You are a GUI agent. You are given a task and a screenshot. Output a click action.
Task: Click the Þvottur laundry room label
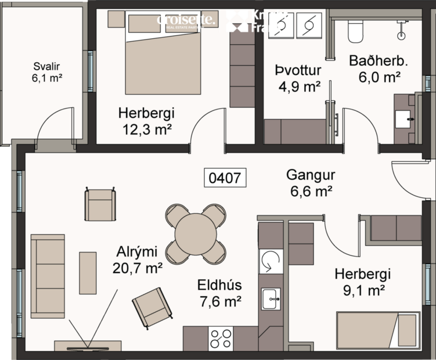298,71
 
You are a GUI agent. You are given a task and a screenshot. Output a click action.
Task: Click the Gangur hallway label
310,175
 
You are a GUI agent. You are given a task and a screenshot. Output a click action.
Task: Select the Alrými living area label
138,251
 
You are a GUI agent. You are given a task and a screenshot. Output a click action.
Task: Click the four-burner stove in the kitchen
221,339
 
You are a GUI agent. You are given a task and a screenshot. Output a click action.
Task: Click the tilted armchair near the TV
153,308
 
